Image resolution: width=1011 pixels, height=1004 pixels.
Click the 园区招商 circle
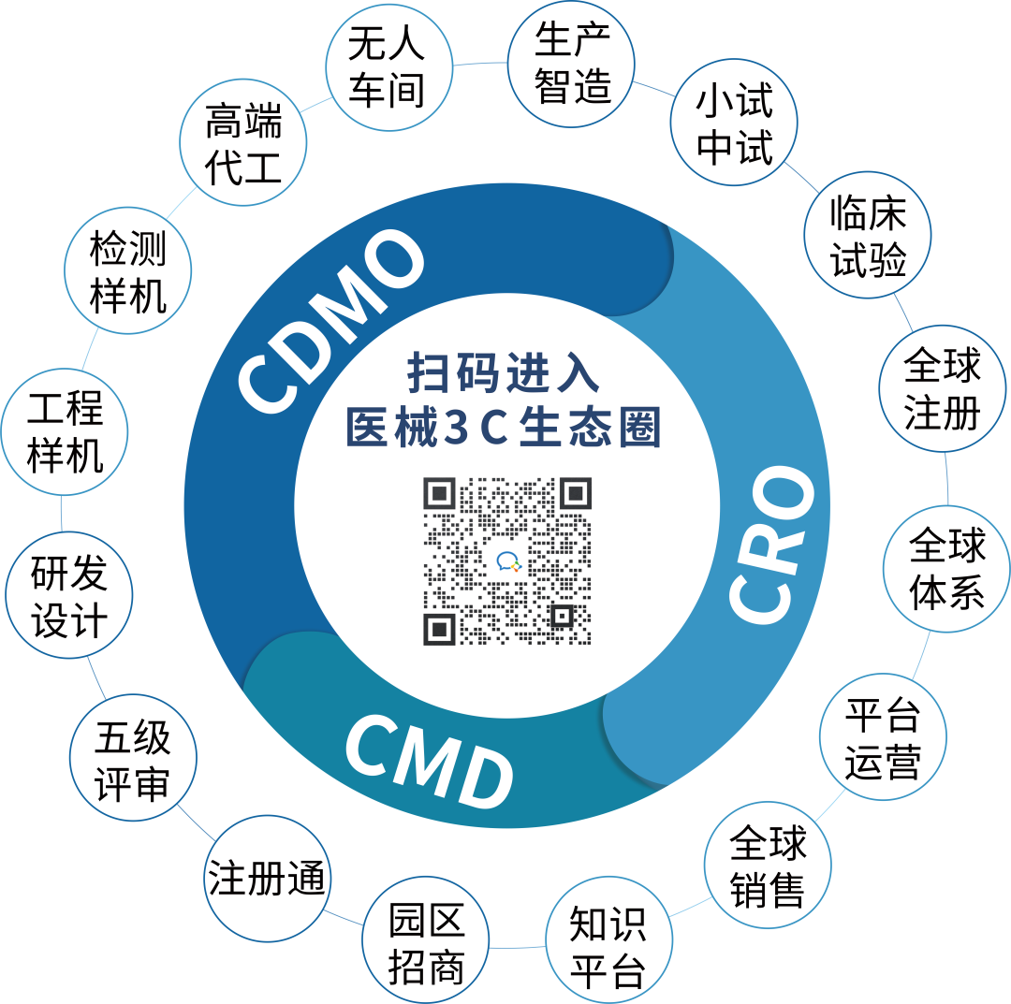427,946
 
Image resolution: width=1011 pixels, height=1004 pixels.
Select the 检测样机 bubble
127,272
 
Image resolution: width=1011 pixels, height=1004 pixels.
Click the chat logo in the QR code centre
507,561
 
